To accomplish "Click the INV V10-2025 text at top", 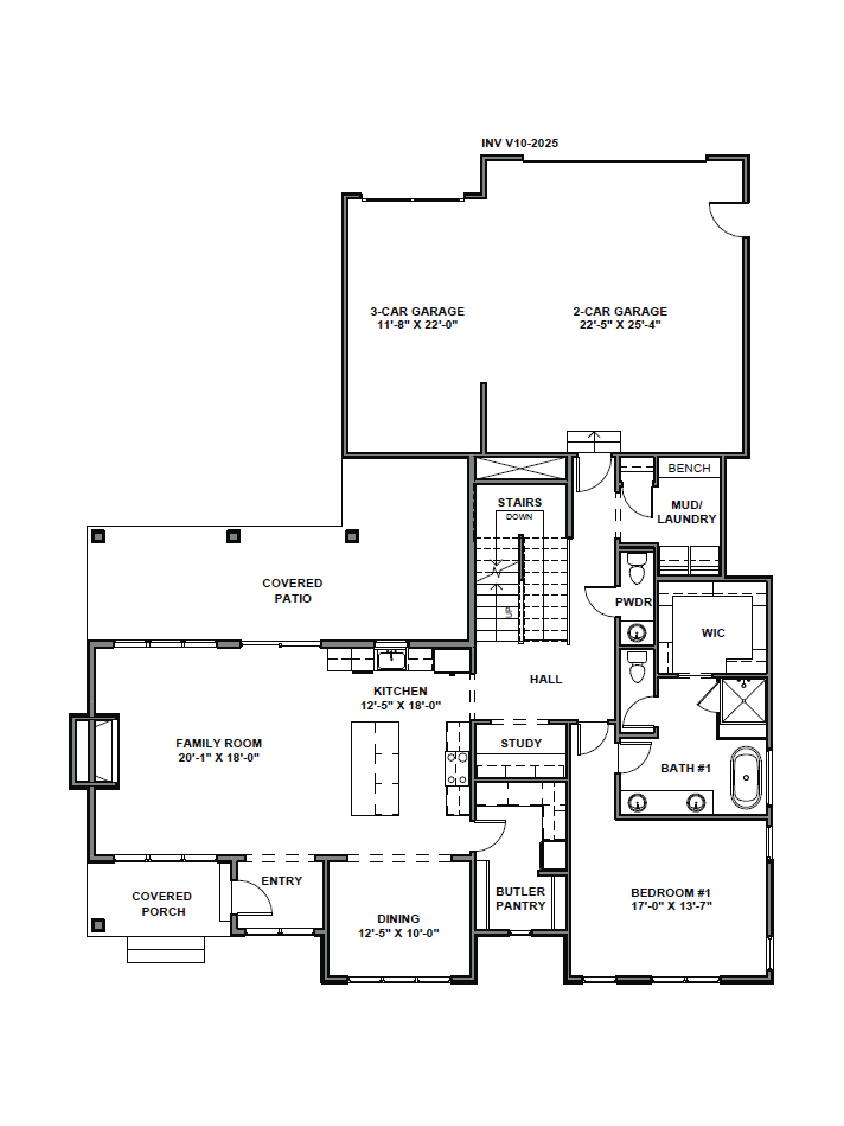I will coord(519,144).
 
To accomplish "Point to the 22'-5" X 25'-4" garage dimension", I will coord(620,325).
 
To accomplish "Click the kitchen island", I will coord(375,769).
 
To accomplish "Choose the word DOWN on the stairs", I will coord(519,517).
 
